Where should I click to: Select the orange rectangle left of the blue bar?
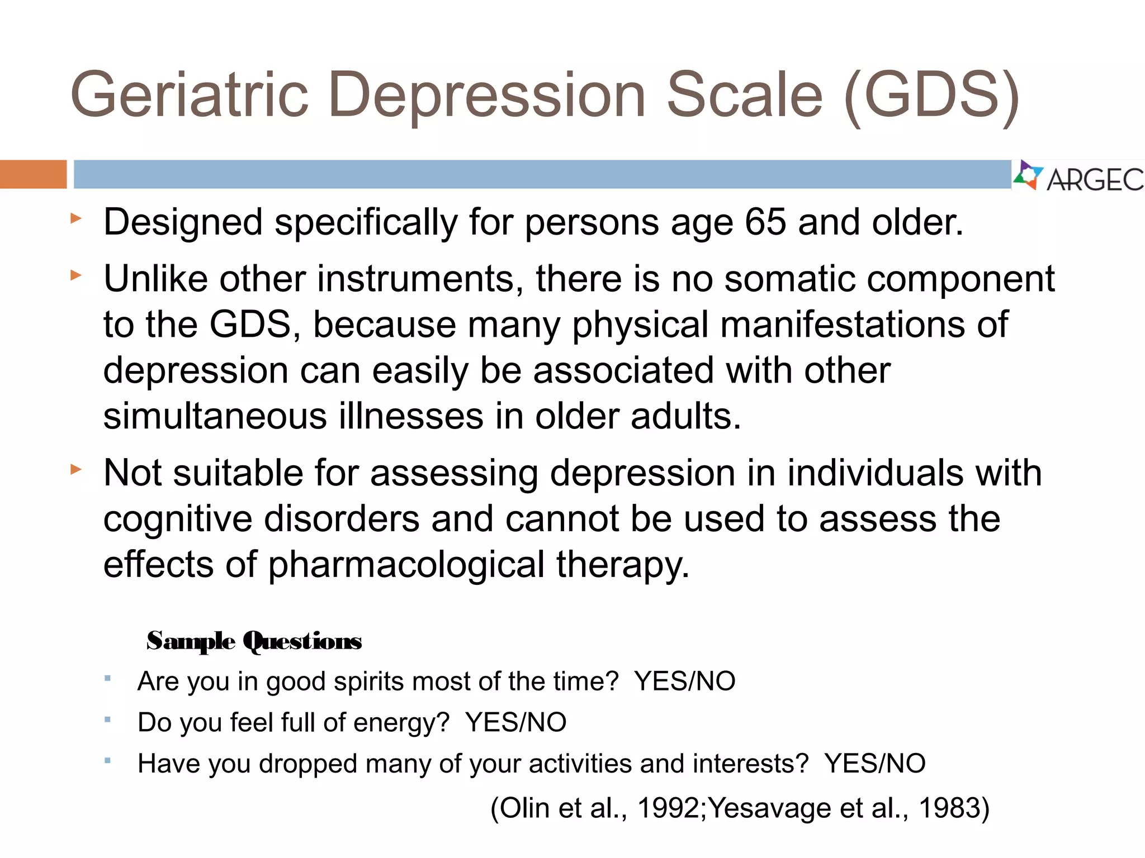click(x=33, y=174)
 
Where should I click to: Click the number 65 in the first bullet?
click(x=765, y=223)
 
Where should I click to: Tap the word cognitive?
click(x=178, y=519)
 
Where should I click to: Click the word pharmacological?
click(x=406, y=565)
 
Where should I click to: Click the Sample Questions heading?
click(x=254, y=641)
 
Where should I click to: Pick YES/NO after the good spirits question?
click(x=684, y=681)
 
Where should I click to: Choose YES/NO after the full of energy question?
click(x=515, y=723)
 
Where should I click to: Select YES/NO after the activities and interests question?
click(x=874, y=764)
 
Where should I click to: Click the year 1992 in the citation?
click(x=669, y=808)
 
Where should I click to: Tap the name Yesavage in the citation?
click(x=770, y=808)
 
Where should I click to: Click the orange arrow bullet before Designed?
click(x=76, y=218)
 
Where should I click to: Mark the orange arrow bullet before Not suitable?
click(x=76, y=469)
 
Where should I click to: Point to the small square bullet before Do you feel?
click(x=107, y=719)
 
